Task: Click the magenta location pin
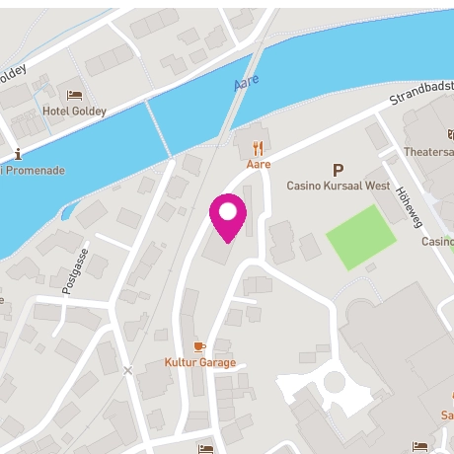228,215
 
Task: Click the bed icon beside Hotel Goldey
74,95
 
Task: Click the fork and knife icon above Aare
259,148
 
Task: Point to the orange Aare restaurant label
259,165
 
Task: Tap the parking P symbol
339,170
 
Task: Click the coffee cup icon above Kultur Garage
199,346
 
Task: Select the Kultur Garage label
200,362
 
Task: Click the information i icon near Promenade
20,154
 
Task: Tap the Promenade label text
36,170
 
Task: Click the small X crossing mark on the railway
127,370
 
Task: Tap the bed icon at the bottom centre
205,448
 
